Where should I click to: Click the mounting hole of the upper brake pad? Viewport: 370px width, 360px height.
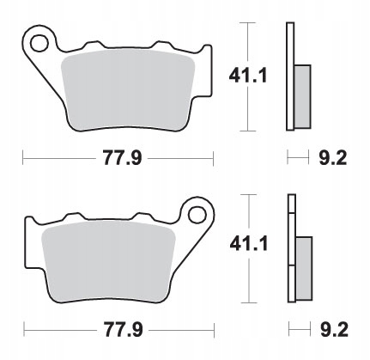(x=39, y=44)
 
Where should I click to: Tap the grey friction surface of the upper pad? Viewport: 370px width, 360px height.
(x=128, y=89)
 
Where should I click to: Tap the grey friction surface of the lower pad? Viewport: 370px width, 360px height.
(x=108, y=260)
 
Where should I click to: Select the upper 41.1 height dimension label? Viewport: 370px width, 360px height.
(x=248, y=76)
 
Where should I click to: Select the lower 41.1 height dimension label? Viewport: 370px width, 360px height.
(x=249, y=244)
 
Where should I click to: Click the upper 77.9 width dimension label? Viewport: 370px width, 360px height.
(x=122, y=158)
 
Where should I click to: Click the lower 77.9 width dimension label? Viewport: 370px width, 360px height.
(x=123, y=330)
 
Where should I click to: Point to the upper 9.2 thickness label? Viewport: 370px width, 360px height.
(x=333, y=158)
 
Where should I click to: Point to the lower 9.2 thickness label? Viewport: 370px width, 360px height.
(x=334, y=330)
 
